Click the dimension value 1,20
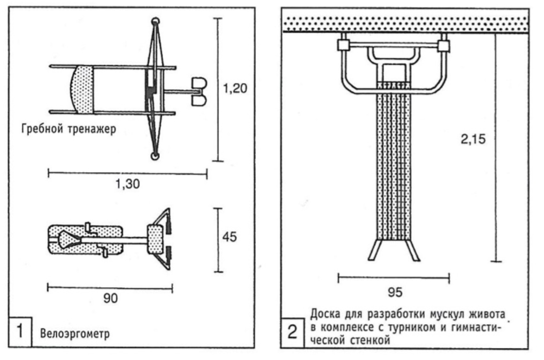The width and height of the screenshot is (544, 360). tap(235, 88)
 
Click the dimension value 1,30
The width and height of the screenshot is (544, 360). tap(128, 184)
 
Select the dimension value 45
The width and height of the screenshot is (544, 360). tap(229, 237)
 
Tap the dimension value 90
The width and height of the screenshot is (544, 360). tap(110, 298)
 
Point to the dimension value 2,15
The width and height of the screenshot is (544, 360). tap(473, 140)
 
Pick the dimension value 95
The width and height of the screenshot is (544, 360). tap(395, 292)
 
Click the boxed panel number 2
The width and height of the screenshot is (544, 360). tap(292, 332)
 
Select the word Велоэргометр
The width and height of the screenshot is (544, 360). tap(75, 334)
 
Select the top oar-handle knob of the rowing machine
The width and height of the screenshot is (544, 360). tap(155, 21)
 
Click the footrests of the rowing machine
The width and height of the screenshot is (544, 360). tap(199, 92)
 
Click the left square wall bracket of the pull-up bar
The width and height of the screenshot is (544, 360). tap(344, 46)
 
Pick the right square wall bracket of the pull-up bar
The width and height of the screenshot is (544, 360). tap(444, 46)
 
